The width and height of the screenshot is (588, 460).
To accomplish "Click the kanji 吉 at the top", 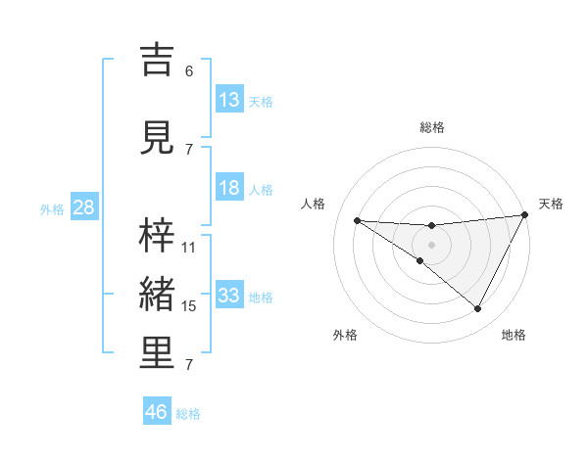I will tap(158, 60).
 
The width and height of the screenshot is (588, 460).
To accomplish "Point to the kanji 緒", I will tap(158, 295).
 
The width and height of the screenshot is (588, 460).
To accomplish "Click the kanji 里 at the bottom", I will tap(158, 353).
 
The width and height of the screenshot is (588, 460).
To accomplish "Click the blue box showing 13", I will tap(229, 100).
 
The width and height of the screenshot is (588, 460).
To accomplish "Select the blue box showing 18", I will tap(229, 189).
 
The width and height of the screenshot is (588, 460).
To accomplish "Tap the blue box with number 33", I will tap(229, 296).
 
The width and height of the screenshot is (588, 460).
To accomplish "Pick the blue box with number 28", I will tap(83, 207).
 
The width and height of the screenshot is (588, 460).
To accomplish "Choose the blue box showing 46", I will tap(157, 412).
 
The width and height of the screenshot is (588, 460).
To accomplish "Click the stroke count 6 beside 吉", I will tap(189, 71).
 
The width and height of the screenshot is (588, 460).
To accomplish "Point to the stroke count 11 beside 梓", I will tap(189, 248).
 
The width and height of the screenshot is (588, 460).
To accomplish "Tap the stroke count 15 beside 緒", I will tap(189, 306).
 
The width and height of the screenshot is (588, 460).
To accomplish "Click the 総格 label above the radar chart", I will tap(432, 127).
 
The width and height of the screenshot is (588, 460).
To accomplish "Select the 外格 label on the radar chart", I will tap(345, 336).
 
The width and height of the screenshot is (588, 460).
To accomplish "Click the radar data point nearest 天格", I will tap(525, 215).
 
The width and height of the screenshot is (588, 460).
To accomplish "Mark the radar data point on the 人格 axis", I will tap(357, 220).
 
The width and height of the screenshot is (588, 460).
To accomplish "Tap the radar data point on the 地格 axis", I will tap(478, 309).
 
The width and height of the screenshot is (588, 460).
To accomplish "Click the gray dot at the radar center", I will tap(432, 244).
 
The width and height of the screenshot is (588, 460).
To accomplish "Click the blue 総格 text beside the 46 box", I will tap(188, 414).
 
